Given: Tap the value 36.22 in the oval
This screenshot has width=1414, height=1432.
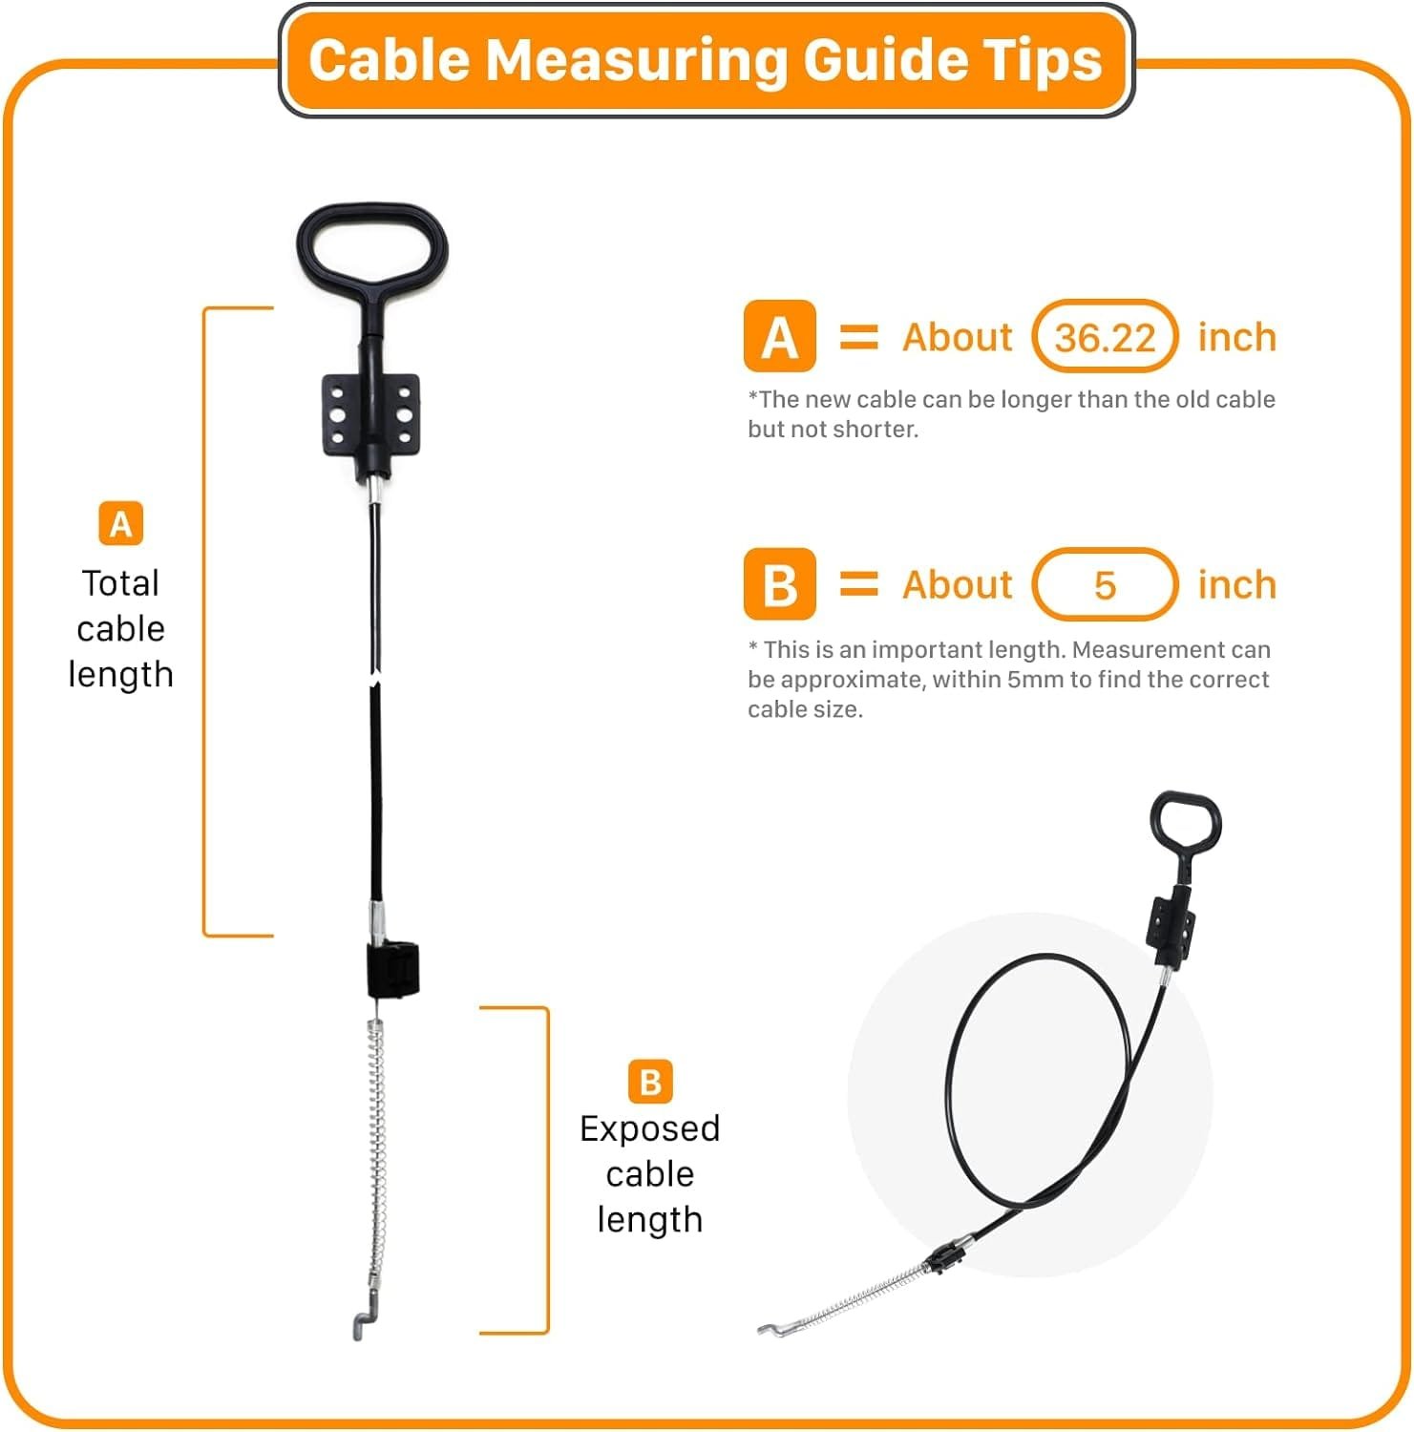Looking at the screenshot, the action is tap(1105, 338).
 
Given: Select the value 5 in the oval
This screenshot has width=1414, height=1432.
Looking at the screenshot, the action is tap(1105, 585).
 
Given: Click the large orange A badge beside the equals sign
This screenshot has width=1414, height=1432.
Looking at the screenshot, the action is tap(780, 336).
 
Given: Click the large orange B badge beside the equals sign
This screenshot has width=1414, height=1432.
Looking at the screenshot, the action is tap(780, 584).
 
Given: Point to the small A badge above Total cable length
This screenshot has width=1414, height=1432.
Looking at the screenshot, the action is tap(121, 523).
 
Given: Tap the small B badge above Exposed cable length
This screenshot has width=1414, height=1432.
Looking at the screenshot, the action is tap(650, 1082).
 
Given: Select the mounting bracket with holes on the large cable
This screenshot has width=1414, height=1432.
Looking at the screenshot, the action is tap(371, 416).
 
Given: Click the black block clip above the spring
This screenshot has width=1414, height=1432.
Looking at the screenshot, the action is tap(393, 969).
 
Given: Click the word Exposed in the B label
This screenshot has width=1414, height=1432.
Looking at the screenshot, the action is tap(649, 1129).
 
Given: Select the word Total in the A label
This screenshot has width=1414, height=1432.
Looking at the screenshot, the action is tap(120, 582).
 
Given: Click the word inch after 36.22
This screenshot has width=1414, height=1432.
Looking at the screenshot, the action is tap(1236, 337).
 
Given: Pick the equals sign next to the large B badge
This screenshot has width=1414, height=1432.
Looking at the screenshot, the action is tap(858, 583).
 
